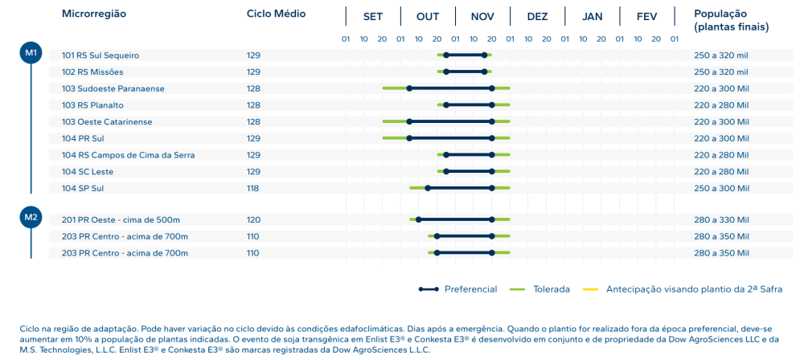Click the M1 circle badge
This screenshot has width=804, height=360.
coord(31,53)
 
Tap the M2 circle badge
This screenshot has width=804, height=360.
coord(31,217)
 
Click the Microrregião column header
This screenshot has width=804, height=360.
coord(94,14)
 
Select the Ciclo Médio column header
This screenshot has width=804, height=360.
coord(276,14)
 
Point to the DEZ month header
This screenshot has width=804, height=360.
coord(537,16)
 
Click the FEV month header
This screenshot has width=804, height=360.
coord(646,16)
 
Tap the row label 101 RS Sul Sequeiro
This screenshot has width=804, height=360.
coord(100,55)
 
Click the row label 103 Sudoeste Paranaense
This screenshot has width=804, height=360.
coord(113,88)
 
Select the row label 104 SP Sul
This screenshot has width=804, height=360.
coord(83,188)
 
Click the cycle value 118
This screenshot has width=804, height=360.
coord(253,188)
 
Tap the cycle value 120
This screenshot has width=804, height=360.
coord(253,219)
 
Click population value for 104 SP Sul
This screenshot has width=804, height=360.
coord(721,188)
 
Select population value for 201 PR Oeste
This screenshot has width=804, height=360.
coord(721,219)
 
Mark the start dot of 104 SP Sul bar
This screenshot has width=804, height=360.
coord(428,188)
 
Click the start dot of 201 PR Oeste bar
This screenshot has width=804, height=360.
coord(418,219)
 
